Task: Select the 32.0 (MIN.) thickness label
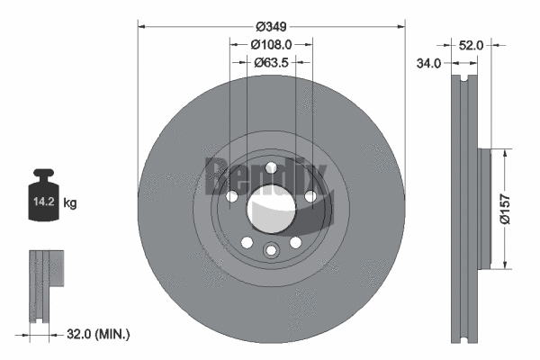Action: coord(99,334)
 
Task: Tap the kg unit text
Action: coord(70,203)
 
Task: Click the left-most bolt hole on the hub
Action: coord(231,197)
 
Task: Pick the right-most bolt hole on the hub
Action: coord(310,197)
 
